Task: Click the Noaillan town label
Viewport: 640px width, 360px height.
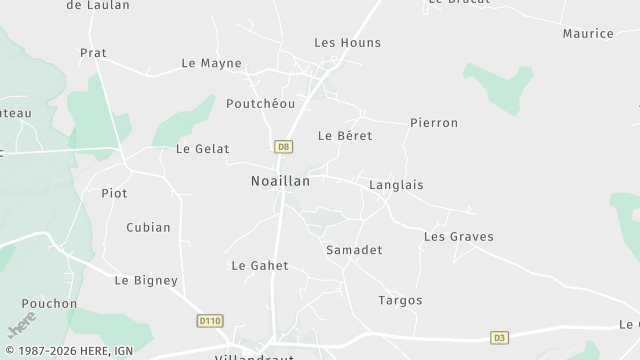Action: point(280,182)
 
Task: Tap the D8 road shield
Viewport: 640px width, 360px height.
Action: point(285,146)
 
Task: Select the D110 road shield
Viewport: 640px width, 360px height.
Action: point(209,321)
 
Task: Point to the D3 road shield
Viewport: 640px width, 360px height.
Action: point(499,337)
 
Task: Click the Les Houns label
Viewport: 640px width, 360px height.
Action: point(347,43)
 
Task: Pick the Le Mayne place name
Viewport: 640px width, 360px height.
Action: point(211,63)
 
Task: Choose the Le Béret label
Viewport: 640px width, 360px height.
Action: point(345,135)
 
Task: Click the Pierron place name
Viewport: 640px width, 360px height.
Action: point(434,123)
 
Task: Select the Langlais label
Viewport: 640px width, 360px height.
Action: point(396,185)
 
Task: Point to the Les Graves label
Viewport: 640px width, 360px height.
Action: point(459,237)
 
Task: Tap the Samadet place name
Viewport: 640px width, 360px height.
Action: point(354,250)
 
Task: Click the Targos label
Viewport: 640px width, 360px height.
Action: point(400,300)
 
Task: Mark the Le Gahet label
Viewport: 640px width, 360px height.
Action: point(259,266)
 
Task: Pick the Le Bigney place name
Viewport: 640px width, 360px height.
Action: point(146,280)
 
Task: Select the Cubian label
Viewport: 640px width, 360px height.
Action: point(148,227)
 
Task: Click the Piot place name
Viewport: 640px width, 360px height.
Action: point(114,193)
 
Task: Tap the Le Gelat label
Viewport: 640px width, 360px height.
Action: point(202,149)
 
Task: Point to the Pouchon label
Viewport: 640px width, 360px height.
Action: point(49,304)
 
